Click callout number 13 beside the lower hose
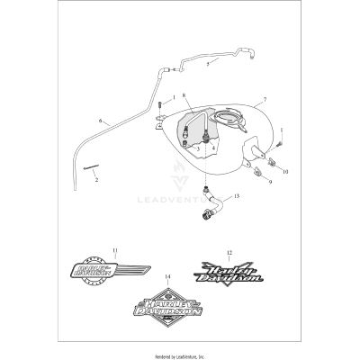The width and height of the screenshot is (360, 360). pyautogui.click(x=238, y=195)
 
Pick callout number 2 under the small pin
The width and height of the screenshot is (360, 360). pyautogui.click(x=97, y=179)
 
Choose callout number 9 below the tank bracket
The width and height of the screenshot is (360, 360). pyautogui.click(x=268, y=181)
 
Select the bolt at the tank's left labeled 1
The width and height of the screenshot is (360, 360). pyautogui.click(x=159, y=109)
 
